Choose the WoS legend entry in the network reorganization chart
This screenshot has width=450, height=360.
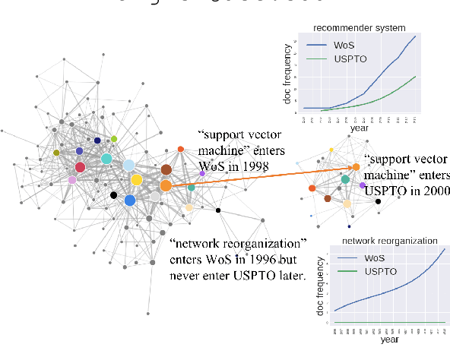click(372, 258)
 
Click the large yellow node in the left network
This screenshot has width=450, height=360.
click(136, 180)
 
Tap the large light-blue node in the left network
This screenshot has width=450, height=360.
click(128, 165)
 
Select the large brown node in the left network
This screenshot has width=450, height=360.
click(166, 169)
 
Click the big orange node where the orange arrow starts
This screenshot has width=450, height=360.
click(166, 185)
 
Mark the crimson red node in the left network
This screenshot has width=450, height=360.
click(81, 167)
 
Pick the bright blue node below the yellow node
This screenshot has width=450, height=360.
click(129, 201)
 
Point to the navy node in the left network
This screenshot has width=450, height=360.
click(97, 141)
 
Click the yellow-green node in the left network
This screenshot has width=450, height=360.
click(114, 139)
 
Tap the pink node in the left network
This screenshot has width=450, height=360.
click(72, 180)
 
